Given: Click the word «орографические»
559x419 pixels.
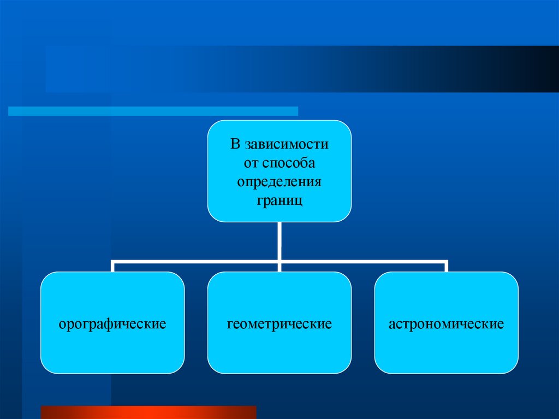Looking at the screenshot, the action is pos(112,324).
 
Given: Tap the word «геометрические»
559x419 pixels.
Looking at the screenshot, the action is pos(279,324).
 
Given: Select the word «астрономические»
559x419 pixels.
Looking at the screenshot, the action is pos(446,324).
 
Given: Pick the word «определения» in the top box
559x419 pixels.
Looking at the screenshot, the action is pos(279,181).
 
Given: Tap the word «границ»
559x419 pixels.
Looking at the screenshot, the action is pos(279,199).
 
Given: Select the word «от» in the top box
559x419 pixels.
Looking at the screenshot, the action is pos(251,163).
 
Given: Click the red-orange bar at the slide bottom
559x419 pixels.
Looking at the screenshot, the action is pos(148,412).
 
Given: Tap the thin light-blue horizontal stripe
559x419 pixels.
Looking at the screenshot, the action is pos(153,111).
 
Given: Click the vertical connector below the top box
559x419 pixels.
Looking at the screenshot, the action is pos(279,240).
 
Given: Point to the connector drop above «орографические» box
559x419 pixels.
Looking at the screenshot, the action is pos(112,267).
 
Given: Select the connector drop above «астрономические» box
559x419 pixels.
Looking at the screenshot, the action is pos(446,267).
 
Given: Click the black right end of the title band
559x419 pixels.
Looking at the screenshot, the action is pos(546,69).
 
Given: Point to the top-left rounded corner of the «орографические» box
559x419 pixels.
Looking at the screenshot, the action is pos(45,276).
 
